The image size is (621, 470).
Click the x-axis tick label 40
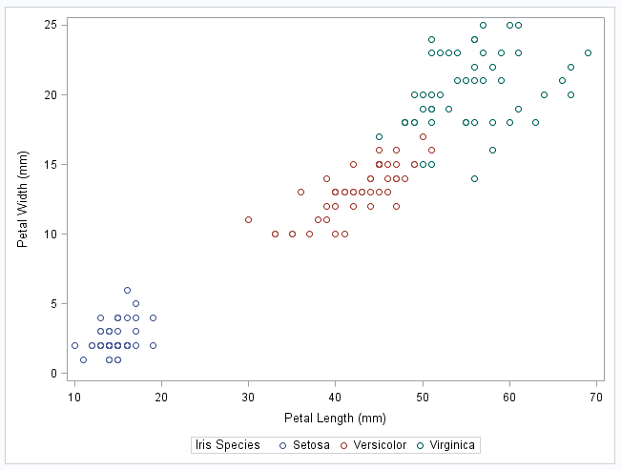(x=336, y=397)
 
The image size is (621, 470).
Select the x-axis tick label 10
(x=74, y=397)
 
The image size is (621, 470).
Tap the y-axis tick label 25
(x=48, y=24)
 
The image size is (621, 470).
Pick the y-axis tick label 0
(x=52, y=373)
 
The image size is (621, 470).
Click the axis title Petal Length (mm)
(x=335, y=418)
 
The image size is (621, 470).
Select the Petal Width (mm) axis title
(x=23, y=198)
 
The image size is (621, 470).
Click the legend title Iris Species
(x=227, y=445)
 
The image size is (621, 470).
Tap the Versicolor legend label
(x=380, y=445)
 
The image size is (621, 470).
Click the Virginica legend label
(x=452, y=445)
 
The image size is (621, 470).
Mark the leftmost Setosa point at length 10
(x=74, y=345)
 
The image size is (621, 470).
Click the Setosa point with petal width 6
(x=127, y=290)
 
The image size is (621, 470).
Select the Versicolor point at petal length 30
(x=248, y=220)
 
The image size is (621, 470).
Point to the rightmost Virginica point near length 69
(x=588, y=53)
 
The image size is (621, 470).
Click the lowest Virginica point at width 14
(x=474, y=178)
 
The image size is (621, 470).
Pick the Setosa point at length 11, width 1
(x=83, y=359)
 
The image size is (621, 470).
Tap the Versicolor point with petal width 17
(x=423, y=136)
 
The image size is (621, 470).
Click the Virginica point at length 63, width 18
(x=535, y=122)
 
